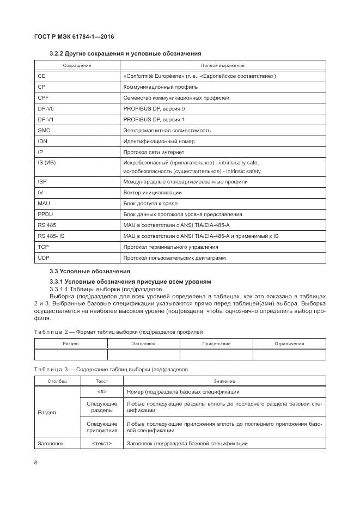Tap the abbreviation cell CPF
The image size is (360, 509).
point(44,98)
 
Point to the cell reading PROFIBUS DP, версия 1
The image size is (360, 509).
point(154,119)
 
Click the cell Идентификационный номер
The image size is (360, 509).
point(159,142)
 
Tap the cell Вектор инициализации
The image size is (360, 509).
point(152,193)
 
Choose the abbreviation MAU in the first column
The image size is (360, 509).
point(44,204)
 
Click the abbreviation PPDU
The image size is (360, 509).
point(45,214)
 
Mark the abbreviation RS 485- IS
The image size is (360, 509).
point(51,236)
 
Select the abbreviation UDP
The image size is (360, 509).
point(44,257)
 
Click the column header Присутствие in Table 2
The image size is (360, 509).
point(216,344)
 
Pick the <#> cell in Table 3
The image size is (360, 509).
point(102,392)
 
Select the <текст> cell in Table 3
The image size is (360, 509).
point(102,444)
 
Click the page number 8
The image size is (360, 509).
point(35,463)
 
